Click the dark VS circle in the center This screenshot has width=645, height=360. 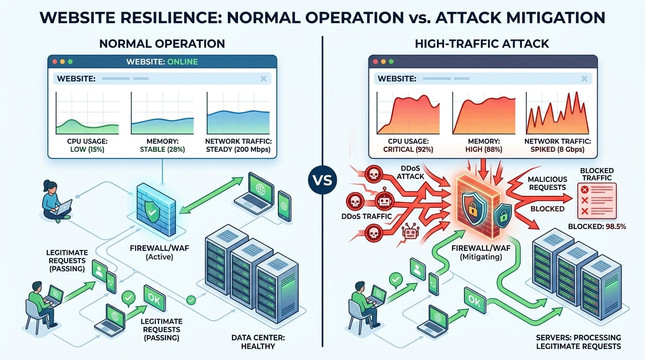point(322,180)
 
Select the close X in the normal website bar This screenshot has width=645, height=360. point(263,79)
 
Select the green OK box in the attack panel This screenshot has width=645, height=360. point(474,302)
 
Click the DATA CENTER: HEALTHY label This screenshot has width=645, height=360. point(257,342)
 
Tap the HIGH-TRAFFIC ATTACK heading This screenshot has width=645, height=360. point(481,44)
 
